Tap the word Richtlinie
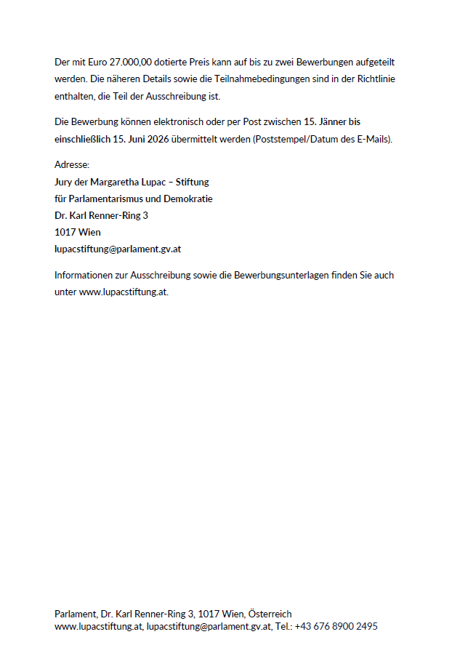tap(374, 80)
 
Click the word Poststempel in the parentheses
tap(277, 139)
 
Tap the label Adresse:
tap(72, 165)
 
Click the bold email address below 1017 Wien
tap(118, 249)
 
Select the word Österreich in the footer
tap(270, 614)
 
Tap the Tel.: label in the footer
tap(283, 627)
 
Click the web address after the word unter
tap(124, 292)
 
